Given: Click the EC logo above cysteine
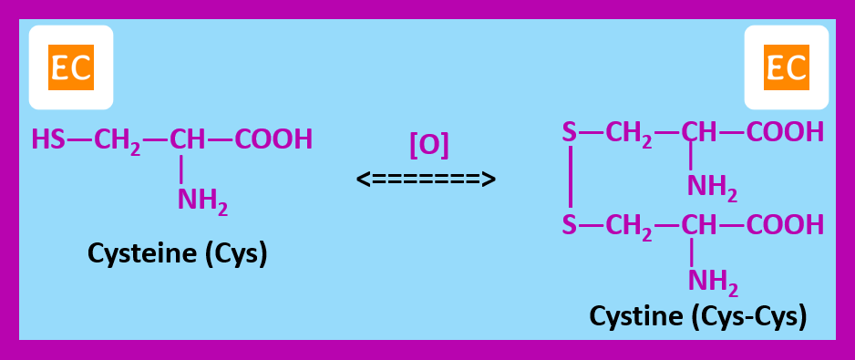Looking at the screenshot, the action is (x=71, y=68).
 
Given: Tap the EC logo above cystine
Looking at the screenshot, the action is (x=786, y=68).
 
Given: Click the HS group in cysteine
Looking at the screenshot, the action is (x=48, y=139).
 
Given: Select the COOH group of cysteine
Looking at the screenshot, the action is (x=273, y=139).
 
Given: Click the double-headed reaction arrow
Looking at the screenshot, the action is (x=426, y=178).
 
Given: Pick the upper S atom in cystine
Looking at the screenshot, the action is (x=570, y=133).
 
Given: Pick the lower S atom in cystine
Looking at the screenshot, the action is (x=570, y=224).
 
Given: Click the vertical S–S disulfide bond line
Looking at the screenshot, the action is (x=570, y=179).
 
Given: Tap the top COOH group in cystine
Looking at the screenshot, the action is (x=785, y=133).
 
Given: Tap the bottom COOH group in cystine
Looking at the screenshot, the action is (x=785, y=224).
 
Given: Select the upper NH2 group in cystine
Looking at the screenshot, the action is (x=712, y=187).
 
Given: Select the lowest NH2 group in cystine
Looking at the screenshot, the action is (x=712, y=280).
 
